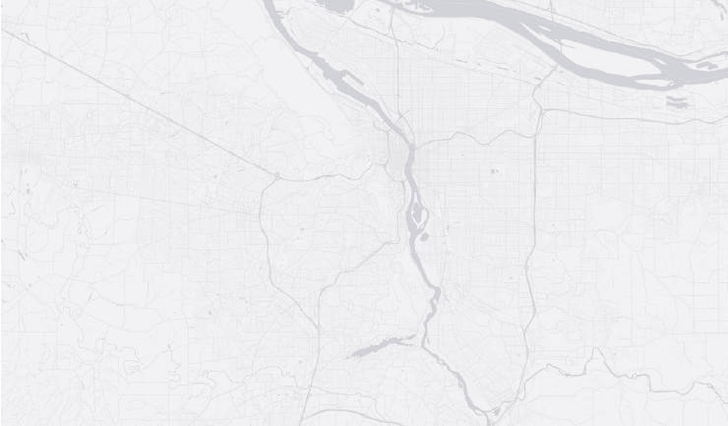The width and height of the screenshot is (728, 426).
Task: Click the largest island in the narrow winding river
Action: coord(418,213)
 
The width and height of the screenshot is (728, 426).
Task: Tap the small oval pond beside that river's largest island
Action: coord(422,236)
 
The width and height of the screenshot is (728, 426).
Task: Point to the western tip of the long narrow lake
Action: coord(350,354)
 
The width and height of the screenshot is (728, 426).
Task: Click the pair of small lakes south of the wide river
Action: coord(677,99)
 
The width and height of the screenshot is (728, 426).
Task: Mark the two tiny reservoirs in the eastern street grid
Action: coord(494,171)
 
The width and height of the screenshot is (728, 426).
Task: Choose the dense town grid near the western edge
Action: coord(25,157)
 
